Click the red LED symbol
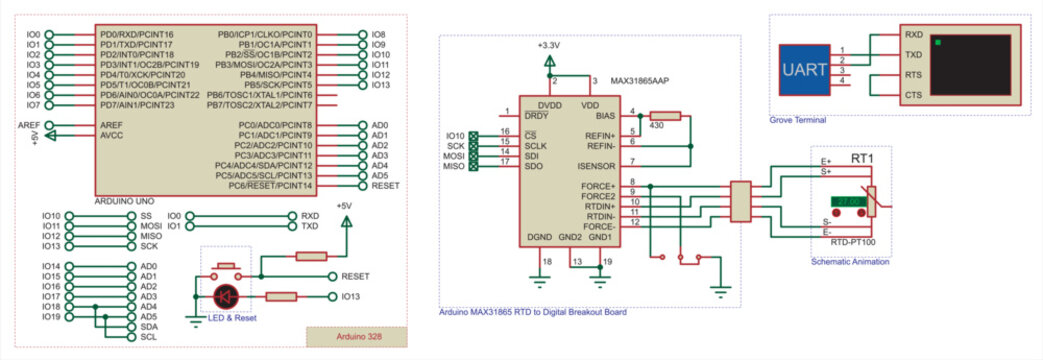point(227,296)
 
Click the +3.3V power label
point(549,46)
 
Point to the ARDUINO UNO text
point(123,201)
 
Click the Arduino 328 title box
point(356,336)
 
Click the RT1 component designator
point(861,158)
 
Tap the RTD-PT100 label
point(852,243)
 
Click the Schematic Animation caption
point(849,261)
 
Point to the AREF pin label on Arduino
point(111,125)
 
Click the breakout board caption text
point(533,312)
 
